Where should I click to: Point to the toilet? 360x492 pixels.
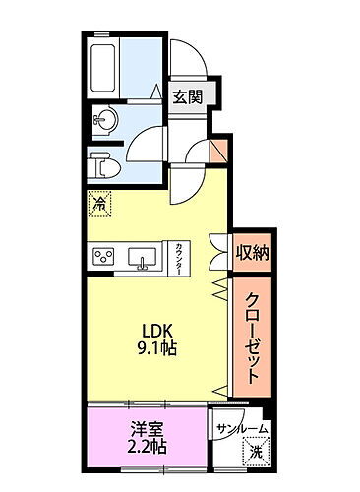101,164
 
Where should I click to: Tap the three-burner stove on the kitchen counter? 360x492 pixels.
104,258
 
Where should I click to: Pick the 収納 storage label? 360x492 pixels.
252,253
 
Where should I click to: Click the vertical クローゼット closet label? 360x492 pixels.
253,337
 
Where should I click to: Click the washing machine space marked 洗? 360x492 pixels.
253,454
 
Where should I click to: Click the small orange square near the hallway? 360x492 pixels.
219,152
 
